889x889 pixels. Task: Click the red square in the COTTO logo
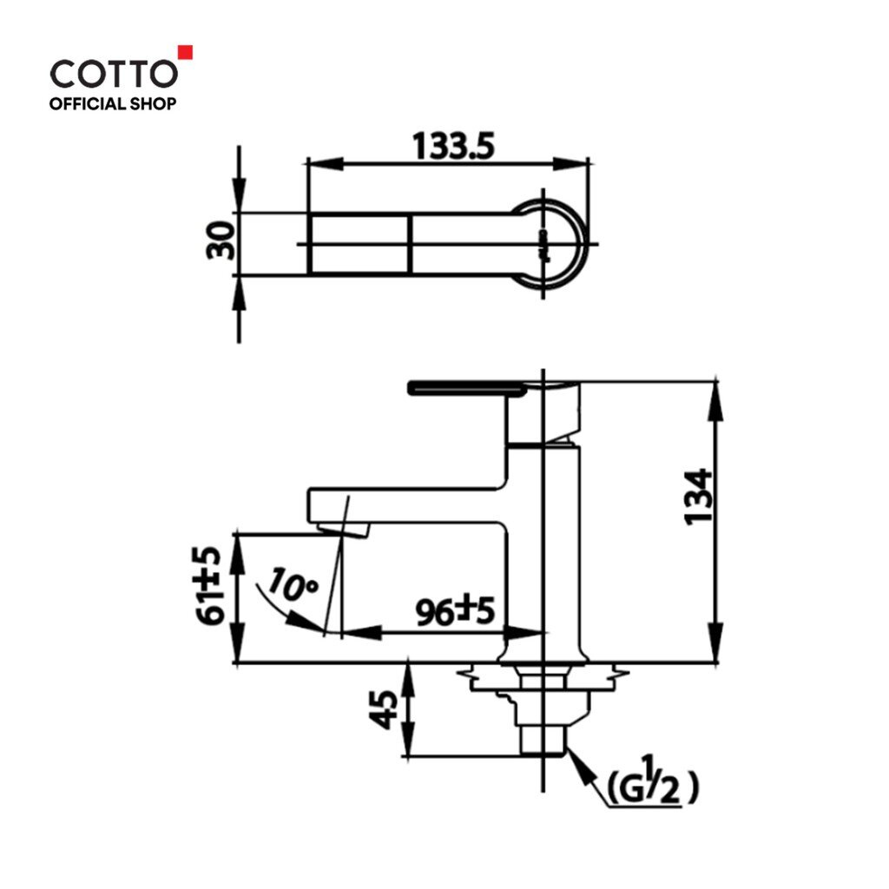186,52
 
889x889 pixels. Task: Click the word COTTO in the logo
114,75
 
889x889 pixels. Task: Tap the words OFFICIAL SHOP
113,104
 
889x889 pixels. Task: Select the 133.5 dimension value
453,146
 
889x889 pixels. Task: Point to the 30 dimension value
221,240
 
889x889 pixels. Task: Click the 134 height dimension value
699,497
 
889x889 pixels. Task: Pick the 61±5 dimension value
211,586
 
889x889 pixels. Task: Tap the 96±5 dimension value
455,610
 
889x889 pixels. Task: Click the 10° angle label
293,584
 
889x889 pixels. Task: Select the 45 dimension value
384,709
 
